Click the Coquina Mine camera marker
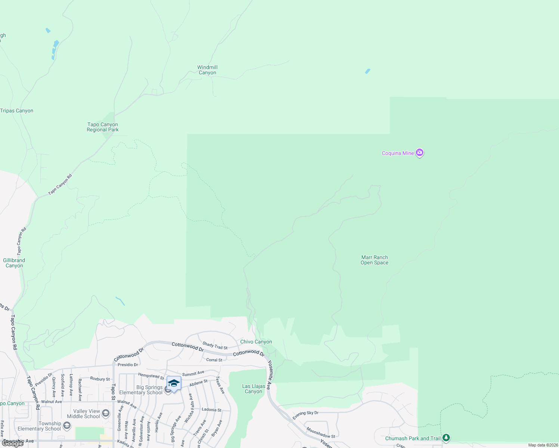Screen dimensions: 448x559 420,153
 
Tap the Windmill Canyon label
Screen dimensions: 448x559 207,70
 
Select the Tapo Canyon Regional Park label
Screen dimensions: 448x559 102,127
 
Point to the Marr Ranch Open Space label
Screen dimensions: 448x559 374,260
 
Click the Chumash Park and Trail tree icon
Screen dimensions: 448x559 446,438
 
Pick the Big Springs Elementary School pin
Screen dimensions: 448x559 174,384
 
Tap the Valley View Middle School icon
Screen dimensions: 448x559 106,413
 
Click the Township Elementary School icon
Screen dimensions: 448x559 67,425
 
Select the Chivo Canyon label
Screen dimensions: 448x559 256,342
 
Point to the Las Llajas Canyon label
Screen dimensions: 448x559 254,389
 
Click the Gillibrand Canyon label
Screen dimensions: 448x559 14,263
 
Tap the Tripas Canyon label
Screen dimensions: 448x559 17,111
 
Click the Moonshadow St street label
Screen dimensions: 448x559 321,433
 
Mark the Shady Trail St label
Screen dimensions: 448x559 215,346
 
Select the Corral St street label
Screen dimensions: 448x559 214,360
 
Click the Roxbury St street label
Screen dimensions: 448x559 100,379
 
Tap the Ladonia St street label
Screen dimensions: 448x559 211,410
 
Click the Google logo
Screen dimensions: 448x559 13,444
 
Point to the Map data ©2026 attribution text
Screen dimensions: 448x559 543,445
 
